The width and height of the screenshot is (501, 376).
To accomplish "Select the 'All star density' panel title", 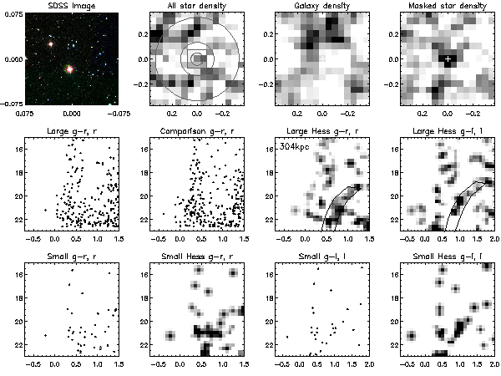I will click(195, 6).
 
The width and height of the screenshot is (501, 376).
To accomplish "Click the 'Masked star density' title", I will click(448, 6).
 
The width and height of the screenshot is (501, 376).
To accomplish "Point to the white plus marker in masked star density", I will click(448, 59).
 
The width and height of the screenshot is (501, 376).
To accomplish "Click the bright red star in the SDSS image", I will click(69, 69).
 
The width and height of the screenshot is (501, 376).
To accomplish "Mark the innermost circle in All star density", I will click(197, 58).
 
